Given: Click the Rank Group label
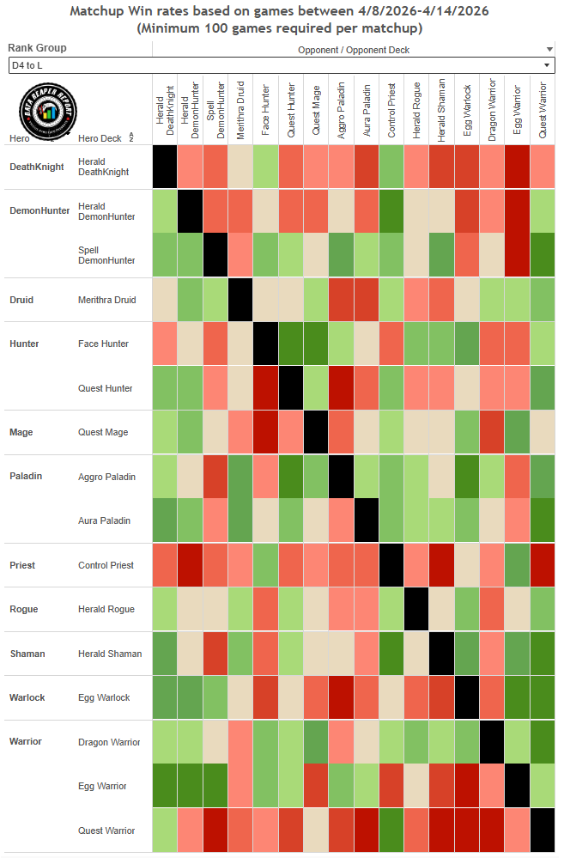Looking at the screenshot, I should coord(37,48).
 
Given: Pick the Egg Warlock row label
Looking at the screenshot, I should coord(104,697).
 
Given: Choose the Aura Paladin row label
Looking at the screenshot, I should coord(104,520).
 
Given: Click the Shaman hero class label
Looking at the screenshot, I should coord(27,654).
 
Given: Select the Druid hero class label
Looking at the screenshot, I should coord(21,300).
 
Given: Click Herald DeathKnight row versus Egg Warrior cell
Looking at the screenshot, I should coord(517,167).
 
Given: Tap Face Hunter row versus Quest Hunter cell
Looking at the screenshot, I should coord(291,344).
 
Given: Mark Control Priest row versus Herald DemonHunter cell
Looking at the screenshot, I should coord(191,565).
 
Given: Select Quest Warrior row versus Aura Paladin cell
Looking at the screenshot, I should coord(367,831).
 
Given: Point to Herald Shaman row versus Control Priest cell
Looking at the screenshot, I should coord(391,654).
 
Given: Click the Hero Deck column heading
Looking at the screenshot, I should coord(100,138).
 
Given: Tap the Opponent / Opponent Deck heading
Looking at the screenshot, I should coord(353,50).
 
